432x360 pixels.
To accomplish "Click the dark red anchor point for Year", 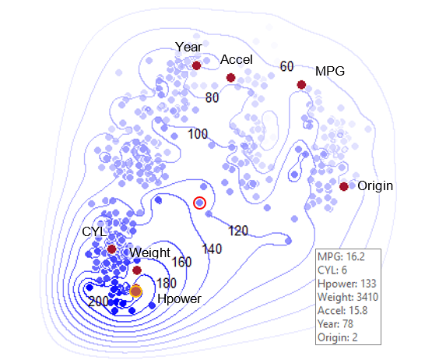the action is tap(196, 65).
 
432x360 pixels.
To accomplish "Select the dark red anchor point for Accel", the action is tap(230, 78).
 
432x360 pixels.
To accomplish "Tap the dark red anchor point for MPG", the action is tap(301, 85).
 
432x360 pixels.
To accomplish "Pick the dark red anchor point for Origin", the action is tap(343, 186).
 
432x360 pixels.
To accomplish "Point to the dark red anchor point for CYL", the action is tap(111, 249).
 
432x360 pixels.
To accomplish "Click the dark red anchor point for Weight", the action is tap(137, 270).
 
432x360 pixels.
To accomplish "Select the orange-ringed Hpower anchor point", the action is tap(135, 291).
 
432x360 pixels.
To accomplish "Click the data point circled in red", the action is tap(199, 203).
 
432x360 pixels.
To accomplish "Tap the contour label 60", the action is tap(286, 66).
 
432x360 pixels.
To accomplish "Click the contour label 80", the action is tap(212, 97).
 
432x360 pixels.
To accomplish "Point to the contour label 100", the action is tap(198, 134).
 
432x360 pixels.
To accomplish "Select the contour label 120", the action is tap(238, 231).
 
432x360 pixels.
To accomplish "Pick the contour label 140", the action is tap(212, 249).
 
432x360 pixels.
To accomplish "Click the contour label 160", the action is tap(181, 262).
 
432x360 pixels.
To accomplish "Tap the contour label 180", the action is tap(167, 283).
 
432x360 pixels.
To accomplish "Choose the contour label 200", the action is tap(98, 302).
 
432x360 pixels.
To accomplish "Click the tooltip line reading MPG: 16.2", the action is tap(341, 257).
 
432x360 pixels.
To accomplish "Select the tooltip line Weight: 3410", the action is tap(348, 297).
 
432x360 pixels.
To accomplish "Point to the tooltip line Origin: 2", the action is tap(338, 337).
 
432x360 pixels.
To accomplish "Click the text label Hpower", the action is tap(179, 299).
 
